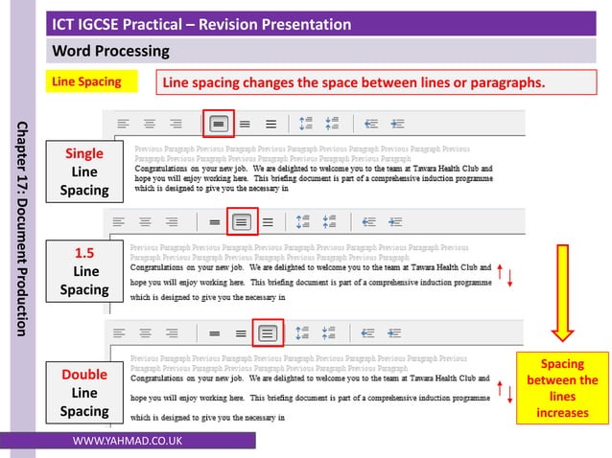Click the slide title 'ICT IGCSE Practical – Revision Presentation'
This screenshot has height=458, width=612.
(x=201, y=24)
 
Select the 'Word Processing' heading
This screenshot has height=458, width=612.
(x=110, y=51)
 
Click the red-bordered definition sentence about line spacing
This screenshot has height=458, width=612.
(x=353, y=83)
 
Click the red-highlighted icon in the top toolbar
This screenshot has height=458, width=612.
(x=218, y=123)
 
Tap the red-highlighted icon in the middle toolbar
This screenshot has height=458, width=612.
(x=242, y=221)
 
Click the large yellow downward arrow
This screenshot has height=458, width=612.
(x=563, y=292)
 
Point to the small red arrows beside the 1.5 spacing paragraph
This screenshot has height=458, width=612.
(x=505, y=276)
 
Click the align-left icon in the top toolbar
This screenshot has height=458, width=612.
(x=124, y=123)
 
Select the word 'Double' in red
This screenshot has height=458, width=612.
(x=84, y=374)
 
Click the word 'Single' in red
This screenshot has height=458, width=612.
(x=84, y=153)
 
